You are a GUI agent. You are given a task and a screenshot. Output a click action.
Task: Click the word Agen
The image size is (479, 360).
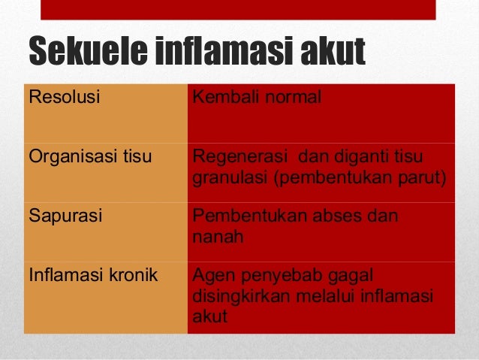pyautogui.click(x=211, y=276)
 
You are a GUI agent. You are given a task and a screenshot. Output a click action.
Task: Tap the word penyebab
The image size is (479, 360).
pyautogui.click(x=279, y=276)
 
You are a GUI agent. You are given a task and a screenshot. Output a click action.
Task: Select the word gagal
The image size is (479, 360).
pyautogui.click(x=353, y=276)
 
